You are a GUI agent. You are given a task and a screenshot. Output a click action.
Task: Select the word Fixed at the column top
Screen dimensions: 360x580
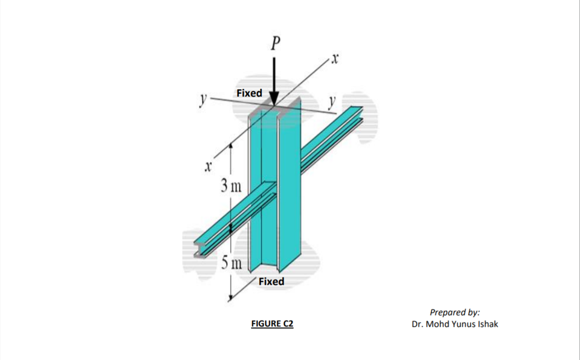(x=249, y=93)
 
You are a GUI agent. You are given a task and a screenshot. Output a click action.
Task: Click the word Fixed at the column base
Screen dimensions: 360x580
(x=271, y=281)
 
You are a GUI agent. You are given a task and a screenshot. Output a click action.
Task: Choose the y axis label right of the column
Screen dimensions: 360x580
(x=333, y=102)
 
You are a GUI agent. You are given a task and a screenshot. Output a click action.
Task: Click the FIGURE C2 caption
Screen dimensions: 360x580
(x=272, y=324)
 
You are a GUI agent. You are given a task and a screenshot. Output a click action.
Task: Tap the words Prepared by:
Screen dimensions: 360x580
(x=454, y=312)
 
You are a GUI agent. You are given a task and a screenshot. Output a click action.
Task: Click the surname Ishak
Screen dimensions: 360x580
(x=487, y=324)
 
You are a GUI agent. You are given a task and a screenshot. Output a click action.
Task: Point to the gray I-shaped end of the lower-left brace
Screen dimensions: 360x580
(x=199, y=248)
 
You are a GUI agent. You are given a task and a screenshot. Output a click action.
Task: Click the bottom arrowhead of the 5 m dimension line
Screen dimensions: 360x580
(x=231, y=299)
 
